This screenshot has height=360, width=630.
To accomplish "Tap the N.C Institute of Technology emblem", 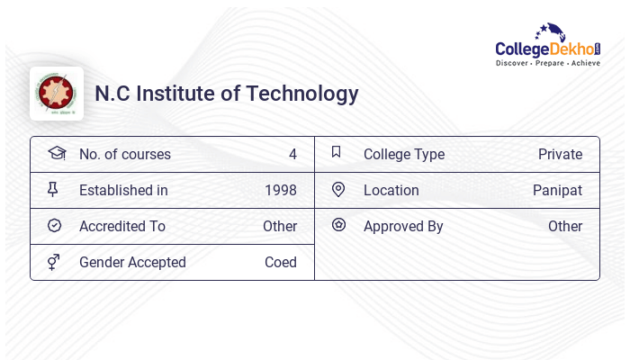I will [57, 94].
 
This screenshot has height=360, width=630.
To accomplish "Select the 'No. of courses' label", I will [124, 154].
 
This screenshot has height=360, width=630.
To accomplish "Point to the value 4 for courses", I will [292, 154].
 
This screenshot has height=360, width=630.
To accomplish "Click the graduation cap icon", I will [56, 153].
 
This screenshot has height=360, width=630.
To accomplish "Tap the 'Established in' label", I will [123, 190].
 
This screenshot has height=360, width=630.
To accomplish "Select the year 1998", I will [280, 190].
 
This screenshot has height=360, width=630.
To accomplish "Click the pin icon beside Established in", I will [53, 189].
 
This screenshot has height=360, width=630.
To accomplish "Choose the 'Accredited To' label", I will [122, 226].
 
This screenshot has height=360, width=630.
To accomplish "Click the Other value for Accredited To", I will [280, 226].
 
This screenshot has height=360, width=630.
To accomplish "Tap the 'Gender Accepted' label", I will [132, 262].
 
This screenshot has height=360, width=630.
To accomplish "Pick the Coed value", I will [280, 262].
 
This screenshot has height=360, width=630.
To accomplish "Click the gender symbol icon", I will [53, 261].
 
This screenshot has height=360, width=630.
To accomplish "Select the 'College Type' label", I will [404, 154].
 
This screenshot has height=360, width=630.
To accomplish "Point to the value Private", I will [560, 154].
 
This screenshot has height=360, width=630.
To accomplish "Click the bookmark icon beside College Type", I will [337, 152].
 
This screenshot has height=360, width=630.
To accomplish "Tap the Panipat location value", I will [557, 190].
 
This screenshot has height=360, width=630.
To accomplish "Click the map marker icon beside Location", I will [337, 189].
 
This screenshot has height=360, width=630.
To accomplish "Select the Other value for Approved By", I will [565, 226].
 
